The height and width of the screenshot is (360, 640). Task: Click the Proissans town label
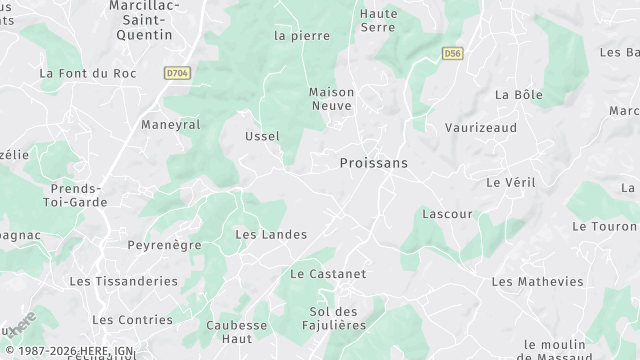coord(374,162)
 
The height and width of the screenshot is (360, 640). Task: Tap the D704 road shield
coord(177,73)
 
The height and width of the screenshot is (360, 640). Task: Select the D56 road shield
coord(452,53)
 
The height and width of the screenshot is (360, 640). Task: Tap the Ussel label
coord(262,136)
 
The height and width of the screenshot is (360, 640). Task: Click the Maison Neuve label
coord(332,98)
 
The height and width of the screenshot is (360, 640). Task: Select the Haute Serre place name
coord(378,20)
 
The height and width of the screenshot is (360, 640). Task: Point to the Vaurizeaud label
coord(481,128)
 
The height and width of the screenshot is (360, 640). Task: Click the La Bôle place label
coord(518,94)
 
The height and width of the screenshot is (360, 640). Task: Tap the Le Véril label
coord(506,183)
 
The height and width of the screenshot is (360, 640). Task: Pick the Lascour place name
coord(447,214)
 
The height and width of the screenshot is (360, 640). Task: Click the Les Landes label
coord(270,234)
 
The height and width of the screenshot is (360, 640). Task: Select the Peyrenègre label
coord(164,244)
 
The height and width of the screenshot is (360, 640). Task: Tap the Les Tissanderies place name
coord(123,281)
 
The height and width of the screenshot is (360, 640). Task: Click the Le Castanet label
coord(328,273)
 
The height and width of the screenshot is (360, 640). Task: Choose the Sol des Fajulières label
coord(333,318)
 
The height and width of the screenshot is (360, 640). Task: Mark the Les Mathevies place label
coord(537,281)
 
